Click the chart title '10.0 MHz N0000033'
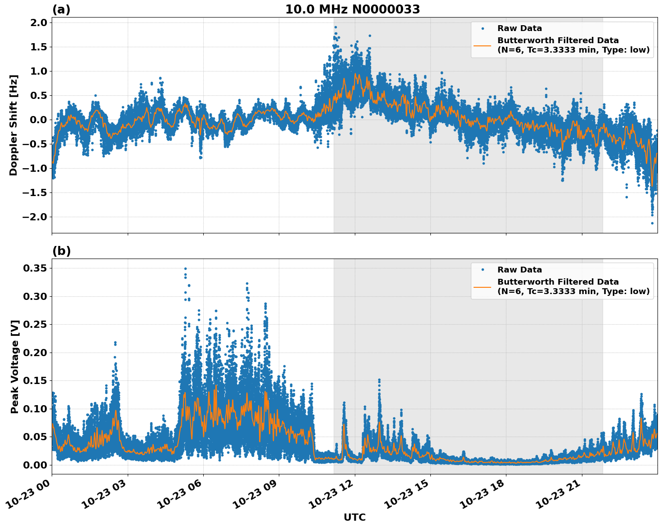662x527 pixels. coord(352,9)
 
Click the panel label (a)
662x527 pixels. coord(61,9)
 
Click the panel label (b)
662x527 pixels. coord(61,251)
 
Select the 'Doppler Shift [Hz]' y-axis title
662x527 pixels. coord(13,125)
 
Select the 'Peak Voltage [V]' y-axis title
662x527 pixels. coord(15,366)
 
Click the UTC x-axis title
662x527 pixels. coord(354,517)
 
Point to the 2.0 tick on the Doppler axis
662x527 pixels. coord(37,23)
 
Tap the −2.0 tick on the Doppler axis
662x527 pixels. coord(34,217)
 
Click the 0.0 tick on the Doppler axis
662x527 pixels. coord(37,120)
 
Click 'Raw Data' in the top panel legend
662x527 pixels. coord(519,29)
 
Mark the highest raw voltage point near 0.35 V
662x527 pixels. coord(185,268)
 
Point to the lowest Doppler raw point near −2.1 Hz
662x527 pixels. coord(652,223)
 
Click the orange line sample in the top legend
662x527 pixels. coord(482,45)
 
